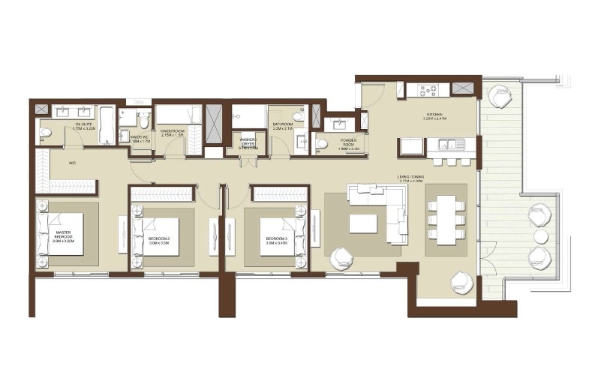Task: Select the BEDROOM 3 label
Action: [277, 241]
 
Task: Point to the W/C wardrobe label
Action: [72, 162]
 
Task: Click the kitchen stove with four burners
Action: [428, 90]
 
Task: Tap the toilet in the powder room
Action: [322, 143]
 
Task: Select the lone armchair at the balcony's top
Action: [499, 96]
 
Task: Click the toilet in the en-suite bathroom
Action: [46, 133]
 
